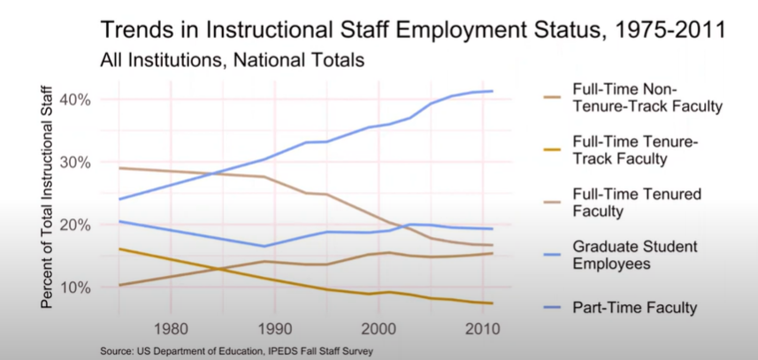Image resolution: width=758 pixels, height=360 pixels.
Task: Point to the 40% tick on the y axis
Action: pyautogui.click(x=74, y=99)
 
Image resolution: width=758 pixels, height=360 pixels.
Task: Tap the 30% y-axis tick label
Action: pyautogui.click(x=74, y=162)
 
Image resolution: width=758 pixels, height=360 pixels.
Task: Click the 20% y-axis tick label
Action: pyautogui.click(x=74, y=225)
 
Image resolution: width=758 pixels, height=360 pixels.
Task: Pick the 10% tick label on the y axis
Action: pyautogui.click(x=74, y=287)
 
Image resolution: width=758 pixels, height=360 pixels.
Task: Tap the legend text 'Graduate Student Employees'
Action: pyautogui.click(x=634, y=254)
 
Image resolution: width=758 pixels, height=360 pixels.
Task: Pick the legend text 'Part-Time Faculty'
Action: pyautogui.click(x=634, y=307)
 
